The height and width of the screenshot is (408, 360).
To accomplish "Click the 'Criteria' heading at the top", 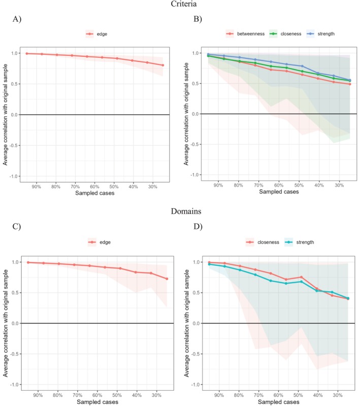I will (180, 5).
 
